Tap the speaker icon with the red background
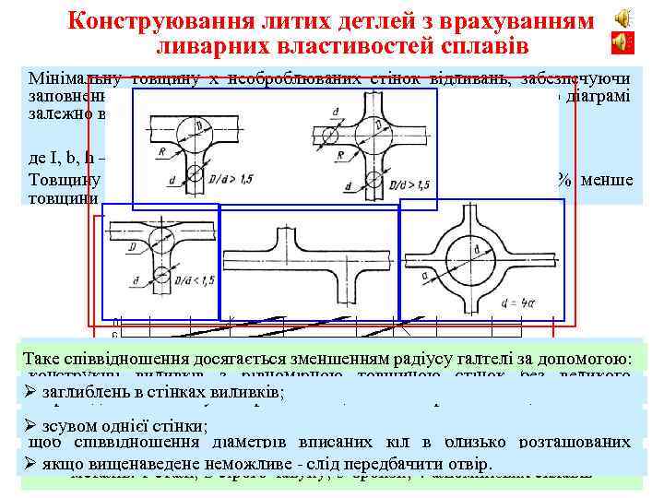pyautogui.click(x=624, y=41)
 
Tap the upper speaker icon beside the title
pyautogui.click(x=624, y=17)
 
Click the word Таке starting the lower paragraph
pyautogui.click(x=48, y=358)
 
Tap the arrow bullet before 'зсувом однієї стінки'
pyautogui.click(x=30, y=427)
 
